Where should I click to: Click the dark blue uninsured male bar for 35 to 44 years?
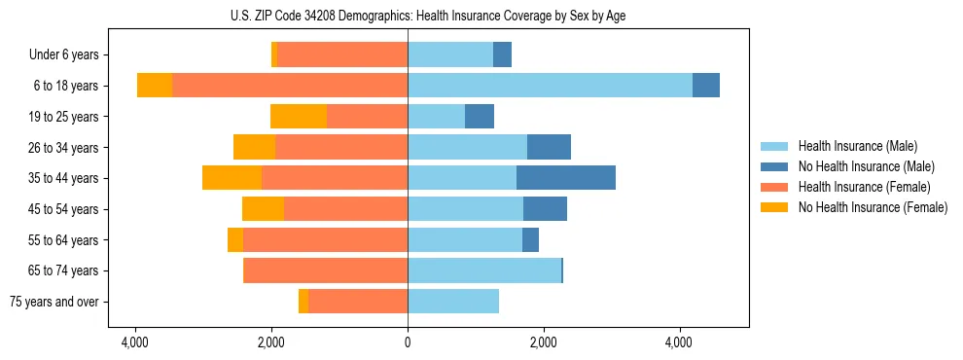tap(566, 178)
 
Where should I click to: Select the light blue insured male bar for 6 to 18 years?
tap(550, 86)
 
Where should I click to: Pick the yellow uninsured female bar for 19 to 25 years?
tap(299, 117)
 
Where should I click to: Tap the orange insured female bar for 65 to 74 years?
tap(325, 270)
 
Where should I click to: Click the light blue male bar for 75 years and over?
tap(453, 302)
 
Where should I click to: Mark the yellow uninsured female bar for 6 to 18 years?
tap(155, 86)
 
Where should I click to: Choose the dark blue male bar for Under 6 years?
tap(502, 55)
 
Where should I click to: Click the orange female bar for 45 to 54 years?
tap(345, 209)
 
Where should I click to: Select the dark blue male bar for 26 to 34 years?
tap(549, 148)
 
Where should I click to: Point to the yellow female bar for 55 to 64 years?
tap(235, 240)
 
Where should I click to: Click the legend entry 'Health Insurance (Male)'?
tap(857, 146)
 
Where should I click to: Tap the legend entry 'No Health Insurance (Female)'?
tap(873, 207)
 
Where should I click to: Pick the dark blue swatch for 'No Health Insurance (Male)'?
tap(774, 166)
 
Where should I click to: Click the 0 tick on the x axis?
tap(408, 342)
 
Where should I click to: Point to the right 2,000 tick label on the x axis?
tap(544, 342)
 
